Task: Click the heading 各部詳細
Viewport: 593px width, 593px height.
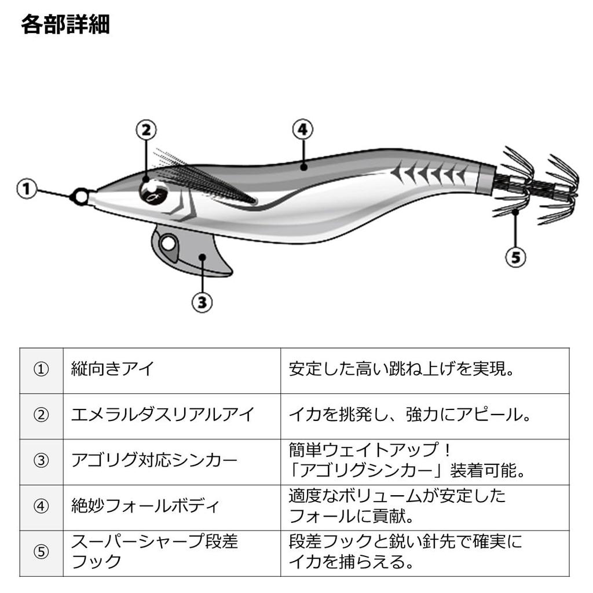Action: click(65, 24)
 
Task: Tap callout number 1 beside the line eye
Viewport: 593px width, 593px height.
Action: click(27, 189)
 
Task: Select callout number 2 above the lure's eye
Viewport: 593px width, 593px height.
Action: click(146, 130)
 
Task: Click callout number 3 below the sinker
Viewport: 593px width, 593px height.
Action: click(202, 302)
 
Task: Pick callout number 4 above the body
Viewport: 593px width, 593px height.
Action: click(302, 129)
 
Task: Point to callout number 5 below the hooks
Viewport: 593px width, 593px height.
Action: click(516, 257)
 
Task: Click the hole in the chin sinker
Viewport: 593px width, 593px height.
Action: click(168, 243)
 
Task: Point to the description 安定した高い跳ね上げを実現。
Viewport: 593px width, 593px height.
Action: click(402, 369)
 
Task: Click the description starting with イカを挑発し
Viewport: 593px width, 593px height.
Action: click(410, 415)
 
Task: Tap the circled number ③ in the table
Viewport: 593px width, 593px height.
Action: click(41, 460)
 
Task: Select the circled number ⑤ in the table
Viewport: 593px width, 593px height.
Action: click(41, 552)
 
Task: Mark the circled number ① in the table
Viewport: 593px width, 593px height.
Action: click(41, 369)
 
